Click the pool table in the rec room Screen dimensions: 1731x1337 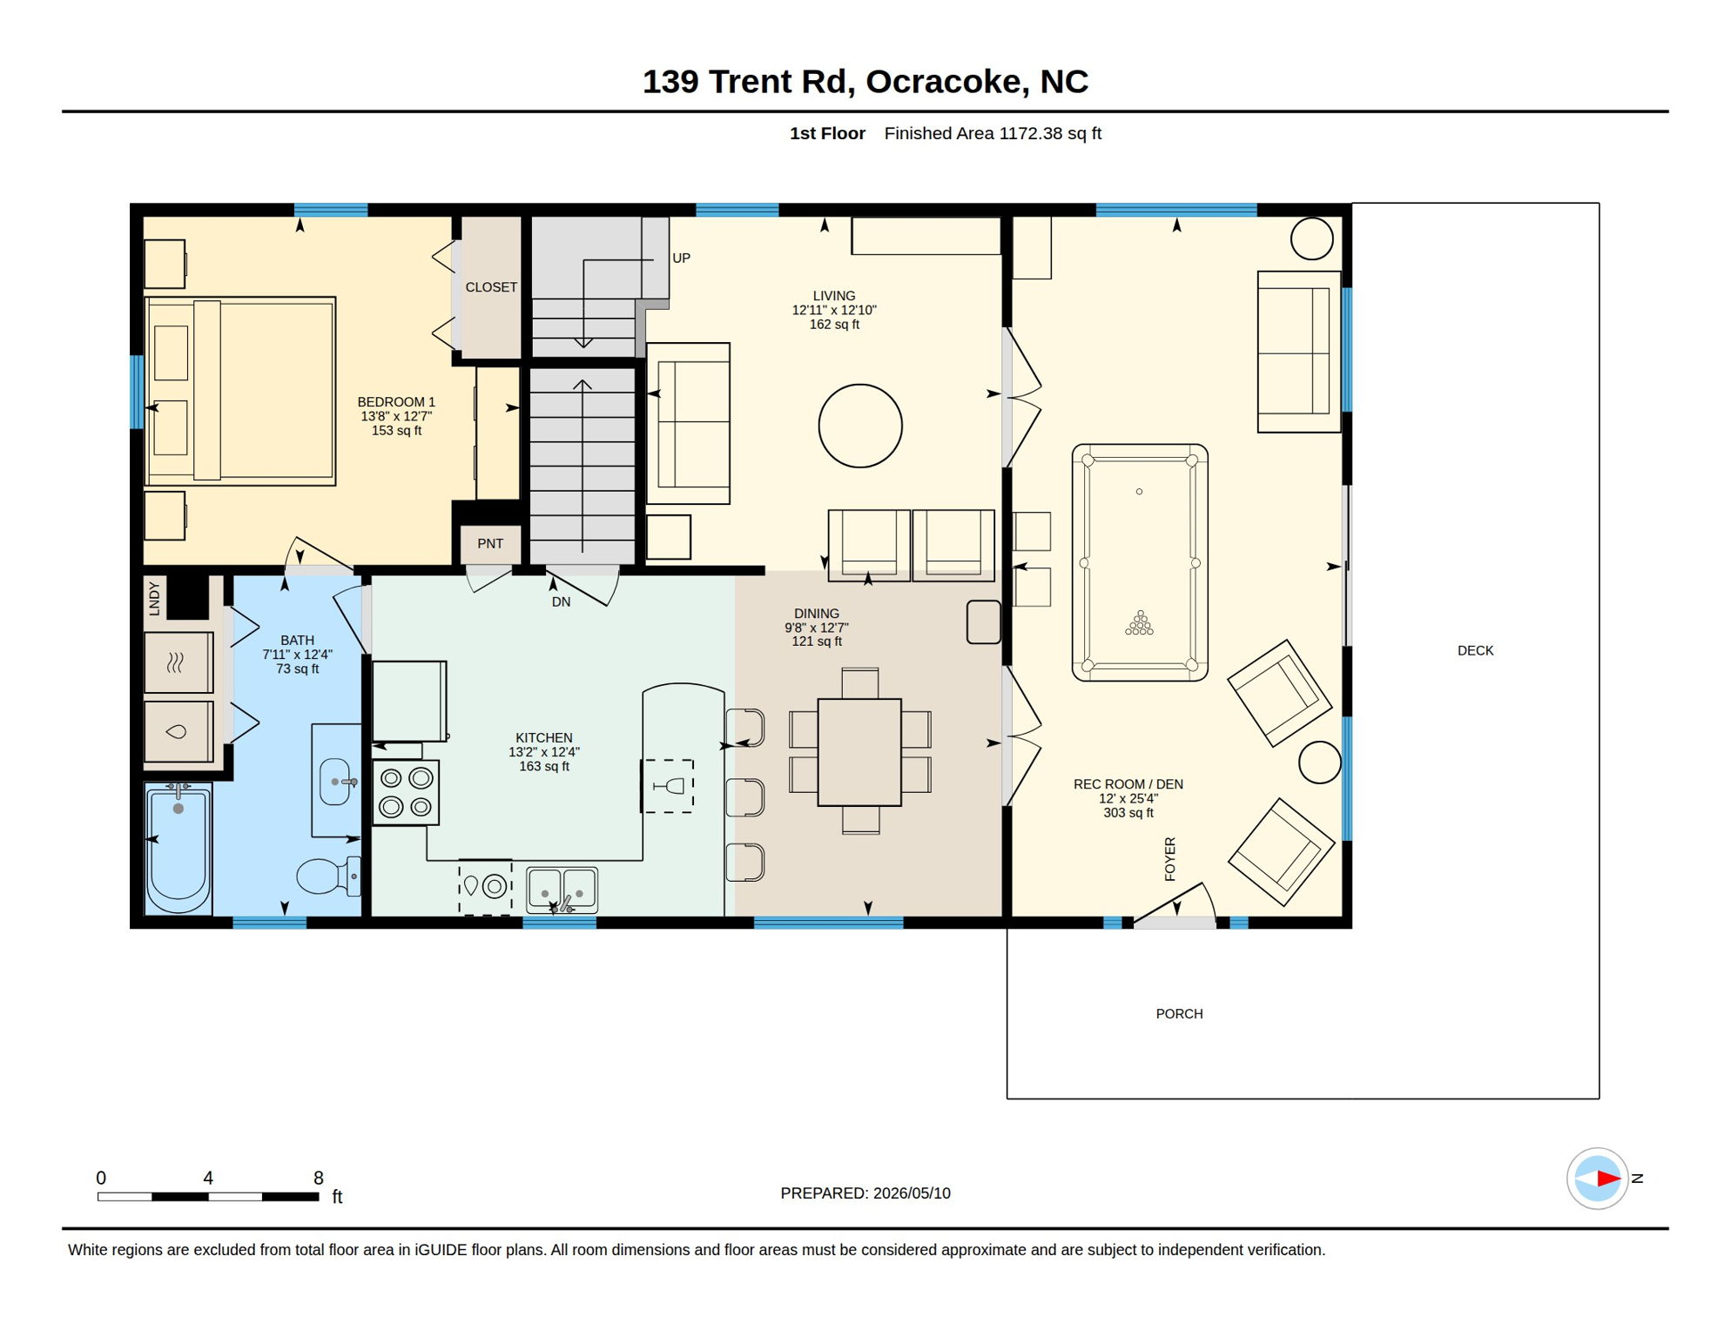point(1139,562)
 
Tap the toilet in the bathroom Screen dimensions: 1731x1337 point(329,876)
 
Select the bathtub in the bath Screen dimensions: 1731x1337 point(178,847)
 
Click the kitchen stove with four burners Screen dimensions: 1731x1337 point(406,792)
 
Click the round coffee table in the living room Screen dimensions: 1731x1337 point(860,426)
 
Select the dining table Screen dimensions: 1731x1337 point(859,752)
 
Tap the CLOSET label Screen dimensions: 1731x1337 point(491,287)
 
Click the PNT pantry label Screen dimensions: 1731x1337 point(490,543)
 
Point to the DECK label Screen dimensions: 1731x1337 point(1475,650)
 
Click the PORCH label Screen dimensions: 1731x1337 point(1179,1014)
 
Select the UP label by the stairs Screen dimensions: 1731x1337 point(681,259)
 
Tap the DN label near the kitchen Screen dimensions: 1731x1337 point(561,601)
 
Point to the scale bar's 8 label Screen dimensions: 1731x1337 point(319,1178)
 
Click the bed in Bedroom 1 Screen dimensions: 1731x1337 point(240,391)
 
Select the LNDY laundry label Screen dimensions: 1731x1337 point(154,598)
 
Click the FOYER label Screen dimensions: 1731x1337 point(1169,859)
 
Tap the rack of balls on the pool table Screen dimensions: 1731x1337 point(1139,622)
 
